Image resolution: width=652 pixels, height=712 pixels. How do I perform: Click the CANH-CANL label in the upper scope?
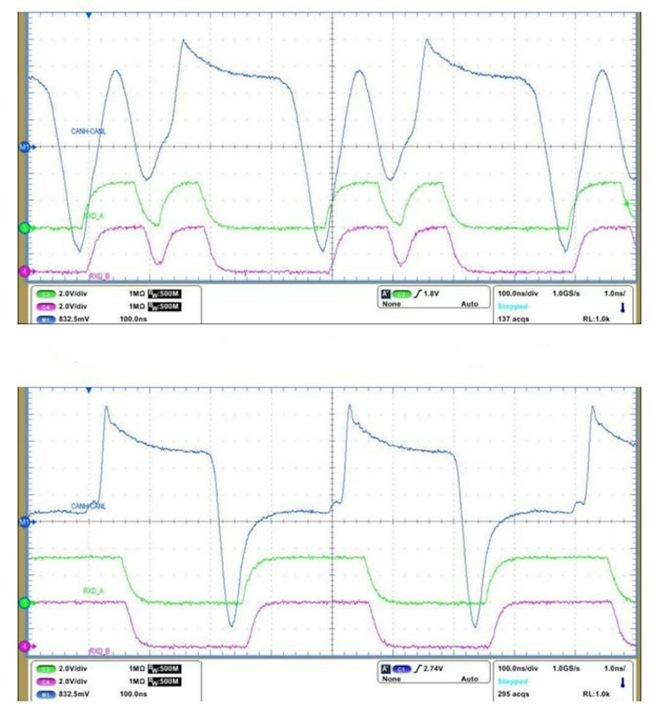(89, 132)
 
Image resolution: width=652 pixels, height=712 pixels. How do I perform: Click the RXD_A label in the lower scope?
(93, 591)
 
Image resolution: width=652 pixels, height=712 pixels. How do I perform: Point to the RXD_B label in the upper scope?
(99, 276)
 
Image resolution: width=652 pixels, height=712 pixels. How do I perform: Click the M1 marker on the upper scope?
(24, 147)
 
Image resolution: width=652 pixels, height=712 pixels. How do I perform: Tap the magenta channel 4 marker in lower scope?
(24, 646)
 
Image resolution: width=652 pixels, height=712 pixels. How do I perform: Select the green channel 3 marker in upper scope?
(24, 228)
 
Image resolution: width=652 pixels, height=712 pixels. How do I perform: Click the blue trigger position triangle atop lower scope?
(89, 390)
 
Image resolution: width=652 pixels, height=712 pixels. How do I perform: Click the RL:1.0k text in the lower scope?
(596, 694)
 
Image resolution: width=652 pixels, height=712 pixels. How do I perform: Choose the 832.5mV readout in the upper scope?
(74, 319)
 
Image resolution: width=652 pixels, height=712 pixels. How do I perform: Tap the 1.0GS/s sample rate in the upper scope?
(566, 293)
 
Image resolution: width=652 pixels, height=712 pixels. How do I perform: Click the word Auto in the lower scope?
(469, 679)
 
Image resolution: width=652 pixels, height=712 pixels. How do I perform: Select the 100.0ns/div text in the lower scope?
(518, 669)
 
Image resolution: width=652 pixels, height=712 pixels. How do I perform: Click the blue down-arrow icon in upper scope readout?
(623, 308)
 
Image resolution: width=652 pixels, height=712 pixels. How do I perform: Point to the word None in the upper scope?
(391, 304)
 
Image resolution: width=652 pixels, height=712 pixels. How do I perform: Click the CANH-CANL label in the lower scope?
(89, 507)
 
